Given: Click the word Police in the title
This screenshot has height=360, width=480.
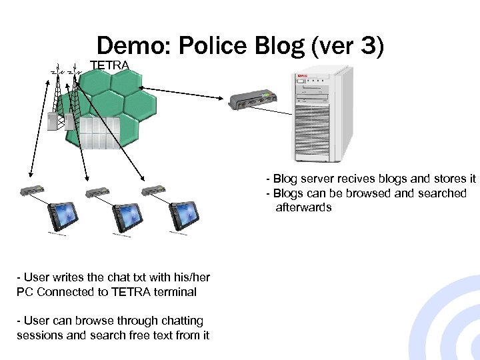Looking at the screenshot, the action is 213,46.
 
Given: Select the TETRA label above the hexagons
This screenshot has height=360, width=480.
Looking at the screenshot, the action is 109,65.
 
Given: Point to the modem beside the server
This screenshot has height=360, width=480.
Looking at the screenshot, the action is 252,100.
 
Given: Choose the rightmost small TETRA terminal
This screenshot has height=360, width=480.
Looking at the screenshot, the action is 154,191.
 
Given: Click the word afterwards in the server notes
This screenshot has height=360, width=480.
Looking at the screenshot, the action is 303,207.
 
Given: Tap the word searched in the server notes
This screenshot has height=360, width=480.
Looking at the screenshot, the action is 441,193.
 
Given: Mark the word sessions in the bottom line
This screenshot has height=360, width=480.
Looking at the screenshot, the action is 39,335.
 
